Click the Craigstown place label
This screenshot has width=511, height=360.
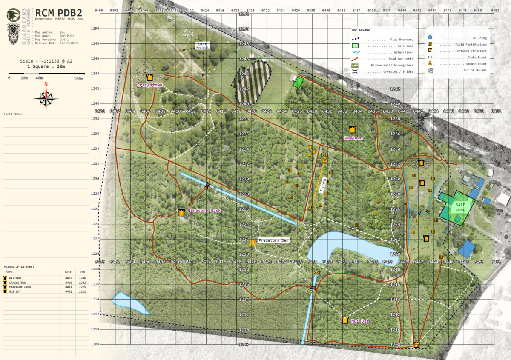tap(150, 85)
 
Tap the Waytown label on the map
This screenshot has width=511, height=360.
tap(353, 138)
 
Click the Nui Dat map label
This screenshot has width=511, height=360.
tap(360, 321)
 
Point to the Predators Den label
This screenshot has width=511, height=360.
tap(273, 240)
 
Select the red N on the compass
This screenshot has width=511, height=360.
tap(46, 84)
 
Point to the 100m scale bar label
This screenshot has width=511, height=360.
tap(78, 79)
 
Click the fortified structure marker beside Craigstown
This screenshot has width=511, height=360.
tap(149, 77)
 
